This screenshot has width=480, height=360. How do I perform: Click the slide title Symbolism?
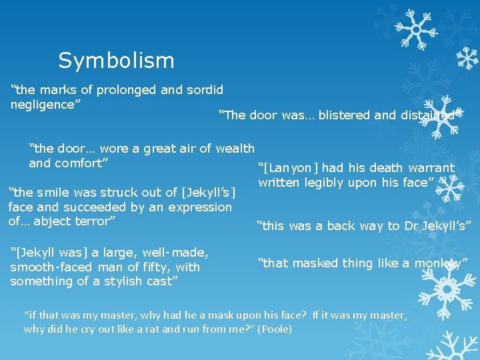click(x=116, y=61)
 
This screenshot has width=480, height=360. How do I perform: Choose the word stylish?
click(x=127, y=281)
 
